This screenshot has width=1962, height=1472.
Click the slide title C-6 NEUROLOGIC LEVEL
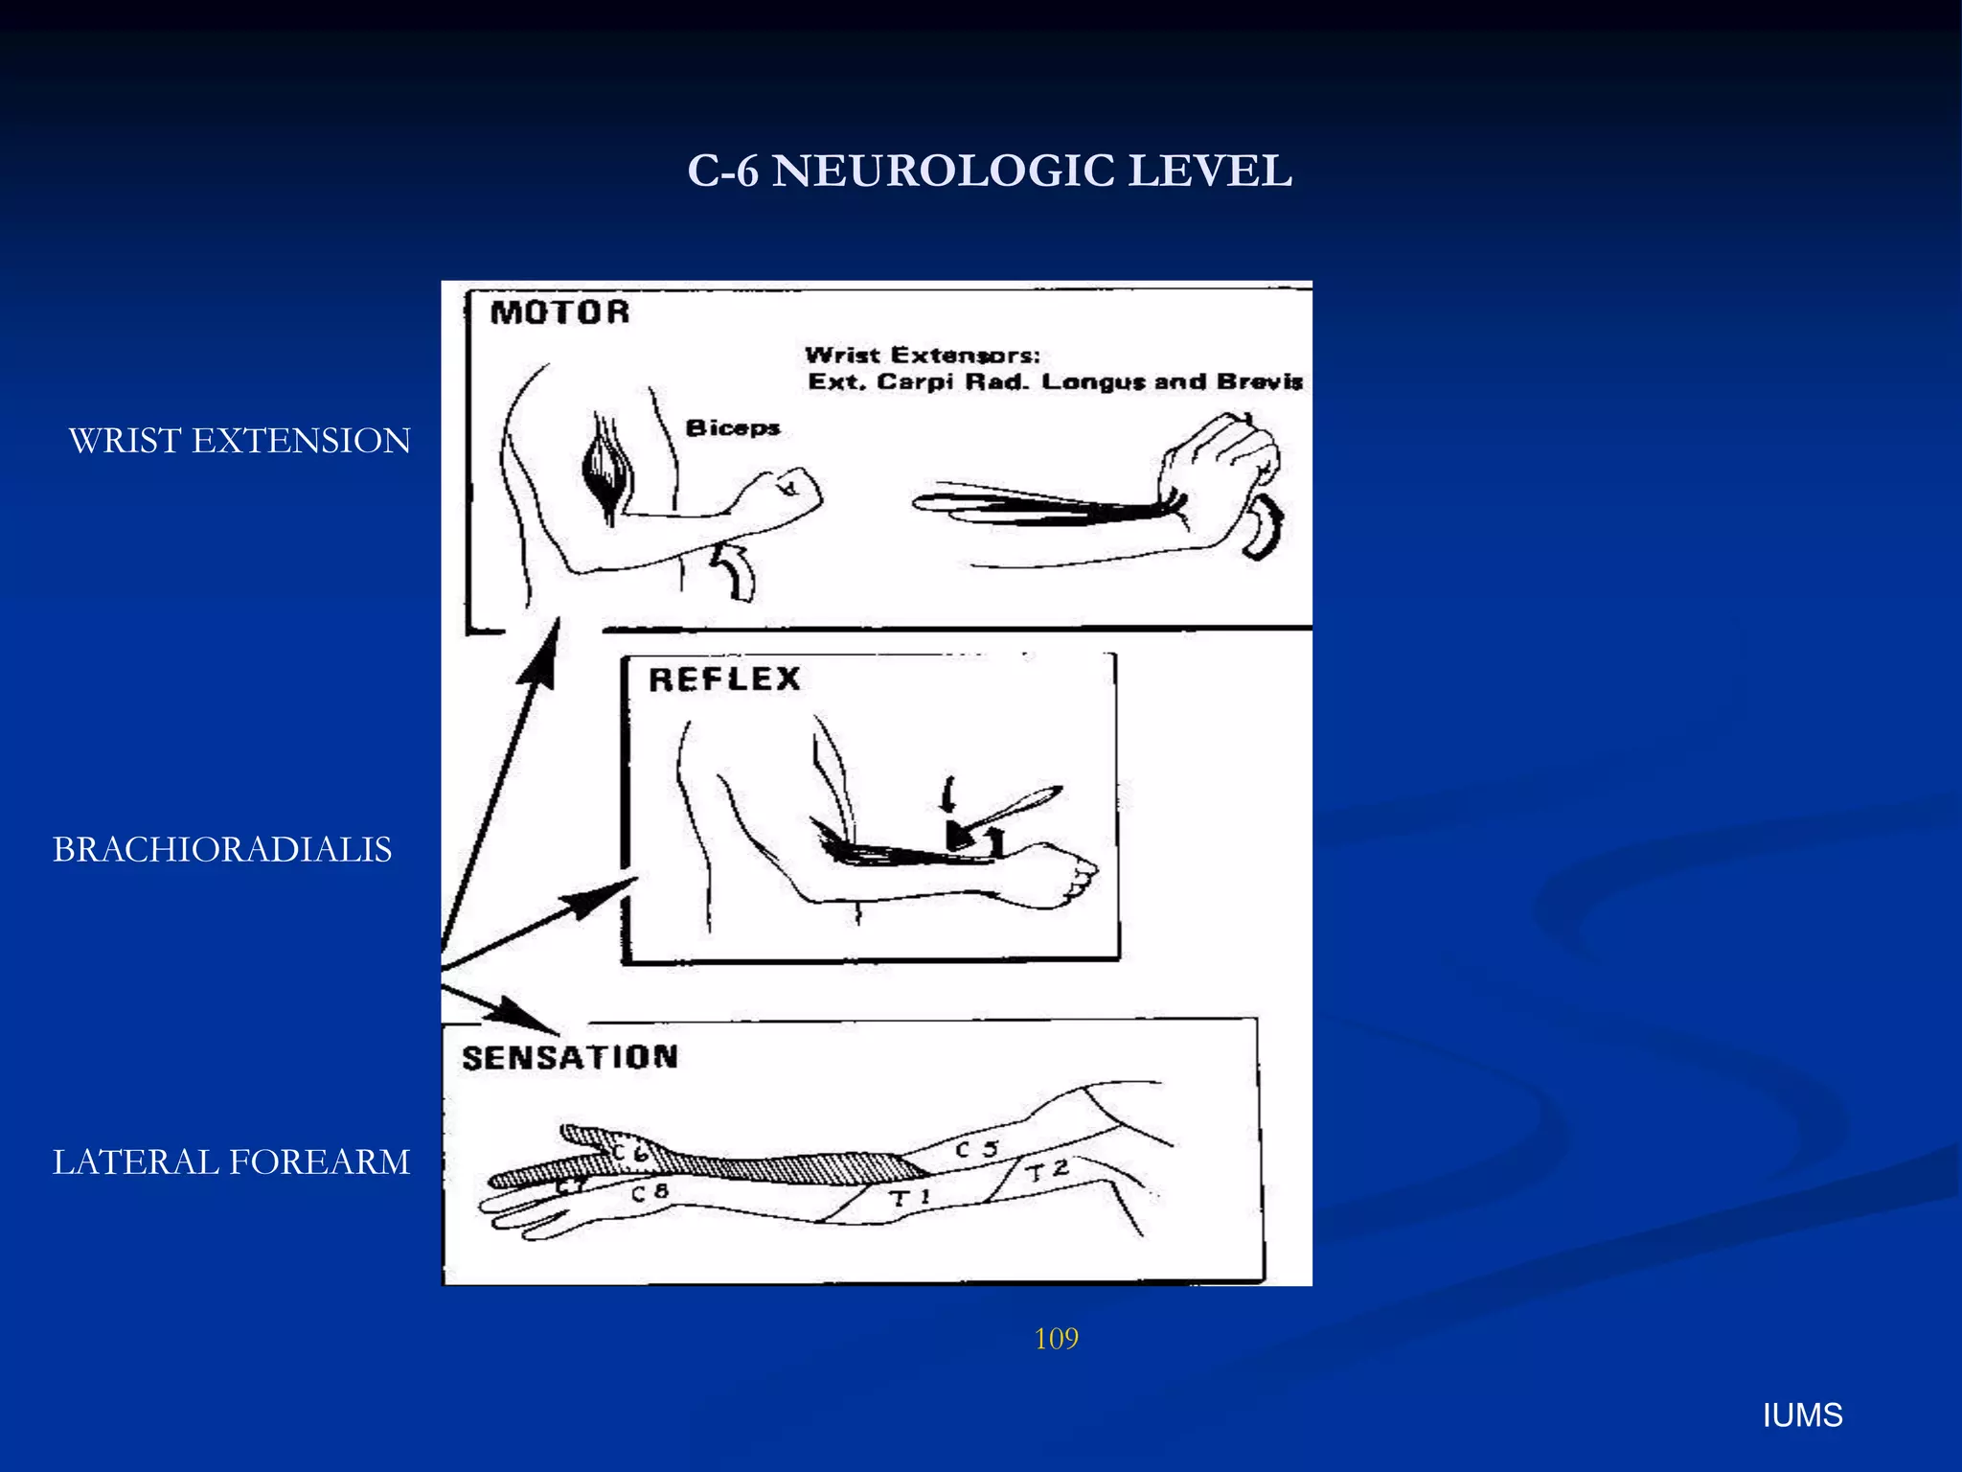pyautogui.click(x=990, y=172)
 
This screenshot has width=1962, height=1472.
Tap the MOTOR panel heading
pyautogui.click(x=559, y=312)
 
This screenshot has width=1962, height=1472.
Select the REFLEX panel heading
pyautogui.click(x=724, y=679)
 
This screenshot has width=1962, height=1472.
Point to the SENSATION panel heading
pyautogui.click(x=570, y=1057)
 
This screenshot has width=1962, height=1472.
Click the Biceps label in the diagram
pyautogui.click(x=733, y=427)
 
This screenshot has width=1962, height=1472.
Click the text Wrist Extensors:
pyautogui.click(x=923, y=355)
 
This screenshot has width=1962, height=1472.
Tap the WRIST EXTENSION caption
pyautogui.click(x=240, y=441)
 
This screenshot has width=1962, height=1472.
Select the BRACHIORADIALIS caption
pyautogui.click(x=222, y=850)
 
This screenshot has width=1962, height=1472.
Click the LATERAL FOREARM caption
pyautogui.click(x=231, y=1162)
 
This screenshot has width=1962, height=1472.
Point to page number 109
pyautogui.click(x=1056, y=1339)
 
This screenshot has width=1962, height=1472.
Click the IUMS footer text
pyautogui.click(x=1802, y=1415)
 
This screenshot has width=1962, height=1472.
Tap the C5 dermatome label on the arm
pyautogui.click(x=976, y=1148)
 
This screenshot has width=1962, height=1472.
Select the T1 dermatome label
pyautogui.click(x=909, y=1197)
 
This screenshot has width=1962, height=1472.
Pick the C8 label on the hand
pyautogui.click(x=649, y=1192)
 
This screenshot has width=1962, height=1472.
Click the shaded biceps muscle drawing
pyautogui.click(x=606, y=472)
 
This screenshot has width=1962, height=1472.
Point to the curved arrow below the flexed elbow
pyautogui.click(x=735, y=571)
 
